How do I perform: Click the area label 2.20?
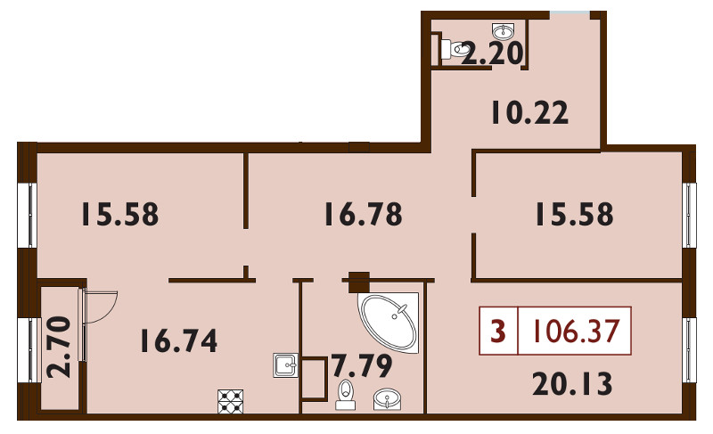click(493, 53)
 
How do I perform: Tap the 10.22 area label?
click(529, 112)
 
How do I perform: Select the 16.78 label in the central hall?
click(364, 214)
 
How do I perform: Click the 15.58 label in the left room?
click(120, 214)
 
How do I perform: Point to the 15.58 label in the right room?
click(574, 214)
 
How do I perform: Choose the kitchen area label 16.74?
click(179, 340)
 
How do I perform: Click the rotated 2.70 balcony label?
click(60, 348)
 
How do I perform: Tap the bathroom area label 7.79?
click(362, 366)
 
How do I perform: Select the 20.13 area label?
click(572, 383)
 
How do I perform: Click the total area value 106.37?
click(576, 331)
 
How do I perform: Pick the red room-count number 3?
click(498, 331)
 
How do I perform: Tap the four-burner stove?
click(231, 401)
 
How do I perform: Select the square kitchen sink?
click(285, 364)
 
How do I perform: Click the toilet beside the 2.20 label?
click(455, 49)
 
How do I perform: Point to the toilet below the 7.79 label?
click(346, 395)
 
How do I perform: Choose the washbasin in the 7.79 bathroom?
click(387, 399)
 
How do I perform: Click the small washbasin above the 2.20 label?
click(504, 31)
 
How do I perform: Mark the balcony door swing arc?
click(109, 313)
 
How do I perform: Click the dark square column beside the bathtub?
click(359, 282)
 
